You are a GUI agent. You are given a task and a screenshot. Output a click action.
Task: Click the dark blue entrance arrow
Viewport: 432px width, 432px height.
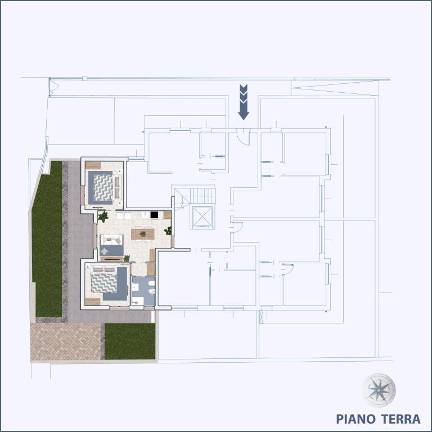244,102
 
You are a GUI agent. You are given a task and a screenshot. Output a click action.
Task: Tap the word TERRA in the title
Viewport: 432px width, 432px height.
400,419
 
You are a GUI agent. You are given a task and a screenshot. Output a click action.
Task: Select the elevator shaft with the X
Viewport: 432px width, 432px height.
201,217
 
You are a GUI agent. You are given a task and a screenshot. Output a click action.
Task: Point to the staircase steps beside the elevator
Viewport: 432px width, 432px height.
202,196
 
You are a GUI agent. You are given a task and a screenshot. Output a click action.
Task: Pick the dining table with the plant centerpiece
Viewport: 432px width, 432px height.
142,233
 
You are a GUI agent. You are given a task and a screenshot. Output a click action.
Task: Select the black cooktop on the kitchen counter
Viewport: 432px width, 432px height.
154,214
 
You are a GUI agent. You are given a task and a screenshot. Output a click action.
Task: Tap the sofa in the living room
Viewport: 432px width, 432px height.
111,240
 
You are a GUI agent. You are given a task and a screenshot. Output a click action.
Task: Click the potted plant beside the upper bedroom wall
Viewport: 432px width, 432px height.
103,216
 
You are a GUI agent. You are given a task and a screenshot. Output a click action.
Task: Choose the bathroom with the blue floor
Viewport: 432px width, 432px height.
143,291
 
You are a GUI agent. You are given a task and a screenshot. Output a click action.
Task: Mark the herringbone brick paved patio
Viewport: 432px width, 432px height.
66,341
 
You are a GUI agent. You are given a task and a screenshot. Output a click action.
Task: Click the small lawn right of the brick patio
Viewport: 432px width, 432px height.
129,341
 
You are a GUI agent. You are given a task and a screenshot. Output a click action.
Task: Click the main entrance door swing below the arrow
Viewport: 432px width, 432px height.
242,137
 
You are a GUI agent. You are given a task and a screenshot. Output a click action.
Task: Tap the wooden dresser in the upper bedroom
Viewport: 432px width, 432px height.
93,165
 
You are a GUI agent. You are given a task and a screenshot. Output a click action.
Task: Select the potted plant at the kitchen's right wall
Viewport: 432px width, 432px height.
168,231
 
